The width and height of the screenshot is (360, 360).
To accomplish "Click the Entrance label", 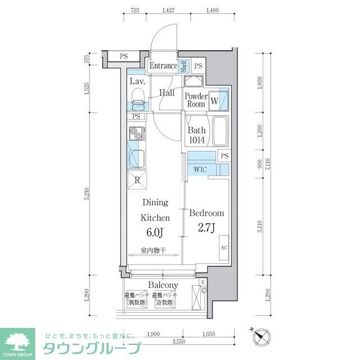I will click(163, 66).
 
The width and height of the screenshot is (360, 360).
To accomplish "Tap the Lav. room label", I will click(138, 82).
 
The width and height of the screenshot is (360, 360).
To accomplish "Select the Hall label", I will click(166, 93).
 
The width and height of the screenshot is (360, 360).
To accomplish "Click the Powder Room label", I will click(195, 100).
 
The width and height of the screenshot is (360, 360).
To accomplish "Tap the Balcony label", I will click(163, 285).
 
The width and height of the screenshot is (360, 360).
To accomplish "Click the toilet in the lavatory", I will click(137, 105).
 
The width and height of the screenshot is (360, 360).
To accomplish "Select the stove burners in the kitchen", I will click(137, 133).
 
